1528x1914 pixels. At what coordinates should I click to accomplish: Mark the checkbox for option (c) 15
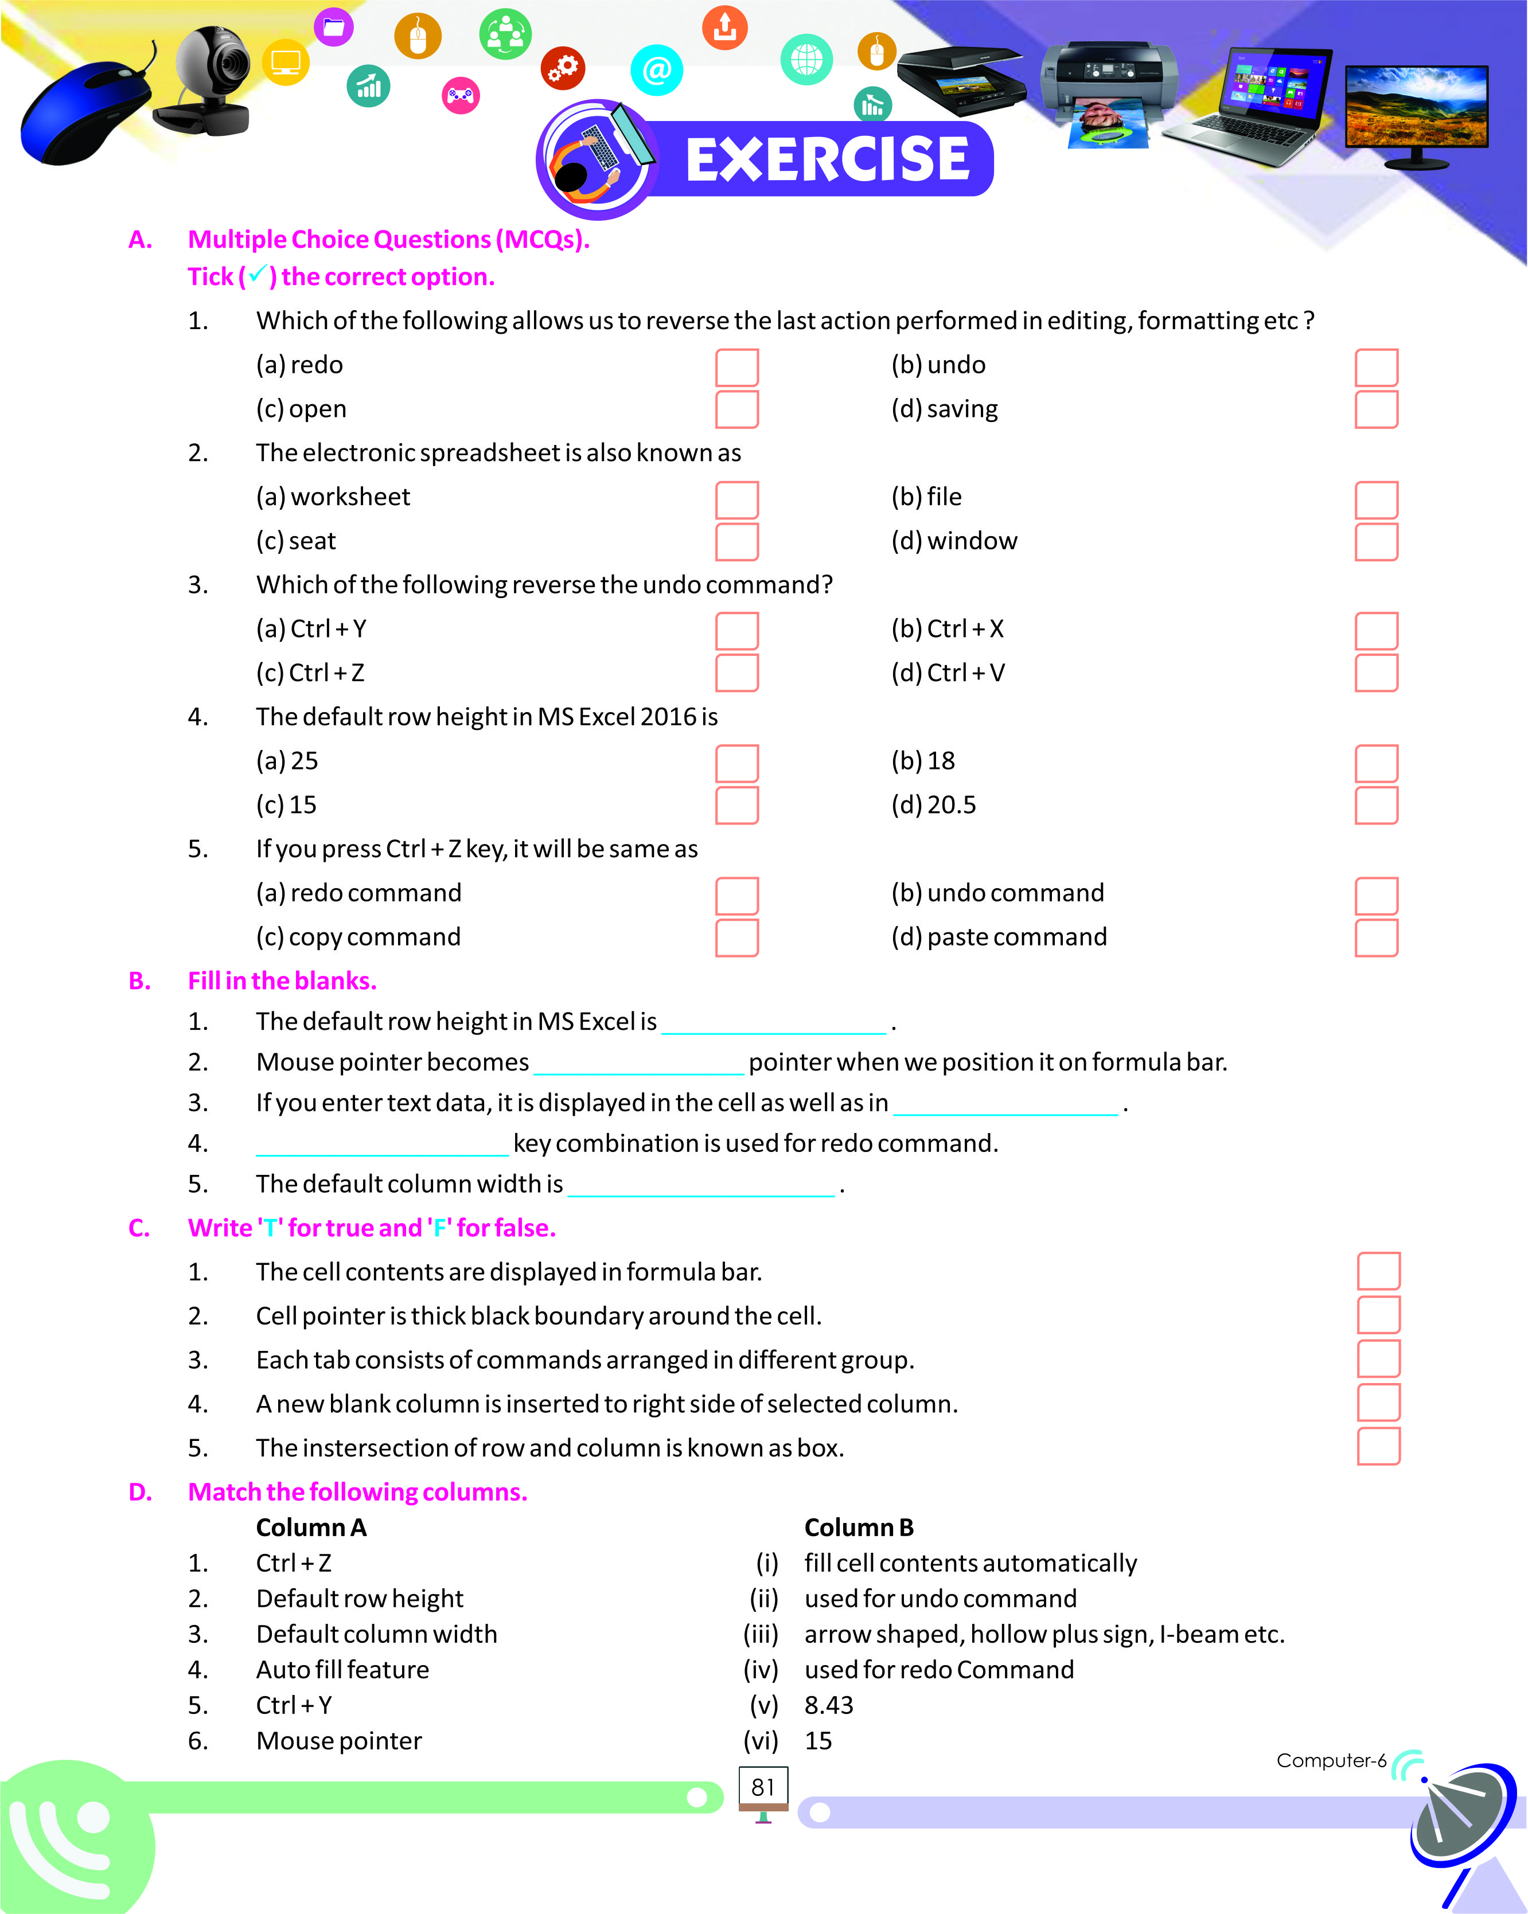736,805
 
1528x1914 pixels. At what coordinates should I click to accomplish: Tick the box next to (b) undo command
1375,896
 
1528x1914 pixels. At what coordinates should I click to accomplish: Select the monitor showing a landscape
1416,112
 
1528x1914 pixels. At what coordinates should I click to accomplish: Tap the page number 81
763,1787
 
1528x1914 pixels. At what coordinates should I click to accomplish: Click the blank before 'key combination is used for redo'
382,1147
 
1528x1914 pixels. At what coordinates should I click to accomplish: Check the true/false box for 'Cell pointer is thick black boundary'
1378,1315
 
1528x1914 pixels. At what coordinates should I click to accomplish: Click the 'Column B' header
859,1527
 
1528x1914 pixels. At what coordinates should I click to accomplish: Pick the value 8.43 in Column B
828,1705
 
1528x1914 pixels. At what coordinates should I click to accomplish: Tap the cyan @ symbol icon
657,70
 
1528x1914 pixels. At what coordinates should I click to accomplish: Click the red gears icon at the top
563,68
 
